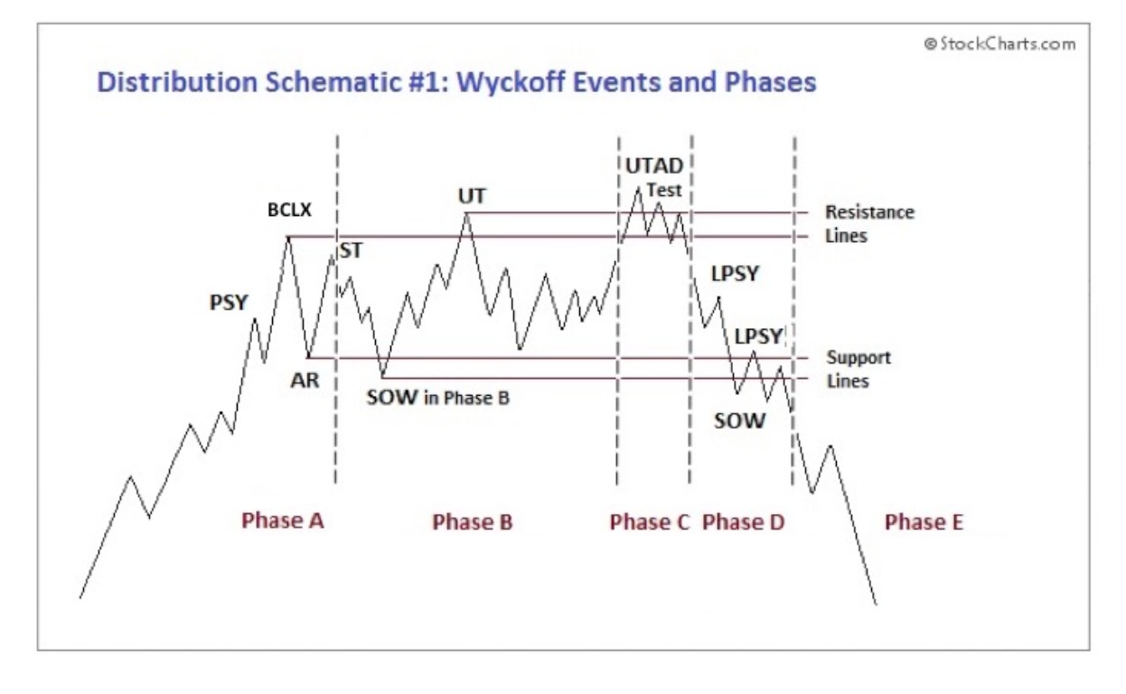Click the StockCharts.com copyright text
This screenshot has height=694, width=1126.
[x=999, y=44]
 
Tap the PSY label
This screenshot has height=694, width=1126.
[x=229, y=303]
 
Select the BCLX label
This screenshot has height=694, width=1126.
[x=289, y=210]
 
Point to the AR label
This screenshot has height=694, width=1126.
[x=305, y=380]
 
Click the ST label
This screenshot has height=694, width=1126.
[x=351, y=250]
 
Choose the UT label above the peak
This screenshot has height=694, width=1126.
[x=472, y=196]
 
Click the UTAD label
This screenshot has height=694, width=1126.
[x=654, y=166]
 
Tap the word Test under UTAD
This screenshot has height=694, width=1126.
[x=663, y=191]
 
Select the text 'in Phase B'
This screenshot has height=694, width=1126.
[x=466, y=398]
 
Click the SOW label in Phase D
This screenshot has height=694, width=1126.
[x=739, y=421]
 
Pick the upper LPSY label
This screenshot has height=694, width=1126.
[x=735, y=274]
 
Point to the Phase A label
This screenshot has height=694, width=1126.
[x=283, y=520]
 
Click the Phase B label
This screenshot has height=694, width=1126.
[x=473, y=521]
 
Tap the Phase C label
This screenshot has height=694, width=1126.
[x=650, y=521]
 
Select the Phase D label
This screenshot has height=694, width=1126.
[x=744, y=521]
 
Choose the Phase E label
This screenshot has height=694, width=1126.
[x=924, y=521]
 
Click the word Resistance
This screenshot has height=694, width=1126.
[x=869, y=212]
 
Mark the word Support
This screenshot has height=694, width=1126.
[x=859, y=357]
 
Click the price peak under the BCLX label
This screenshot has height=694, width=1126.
[x=288, y=237]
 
